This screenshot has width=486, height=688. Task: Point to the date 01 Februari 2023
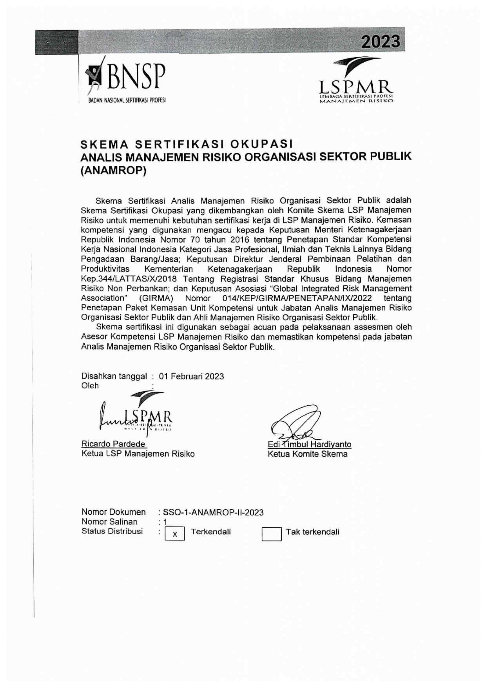click(x=192, y=376)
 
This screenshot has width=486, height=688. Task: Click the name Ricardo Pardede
click(x=114, y=444)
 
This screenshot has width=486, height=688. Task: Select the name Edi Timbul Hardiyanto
click(x=309, y=444)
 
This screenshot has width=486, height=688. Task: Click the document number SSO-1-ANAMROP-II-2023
click(x=213, y=512)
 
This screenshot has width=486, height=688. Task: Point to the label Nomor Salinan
click(x=110, y=522)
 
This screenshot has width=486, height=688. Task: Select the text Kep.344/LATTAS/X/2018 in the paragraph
click(x=129, y=279)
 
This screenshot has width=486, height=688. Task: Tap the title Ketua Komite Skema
click(x=308, y=454)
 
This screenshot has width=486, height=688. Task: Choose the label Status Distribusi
click(x=112, y=531)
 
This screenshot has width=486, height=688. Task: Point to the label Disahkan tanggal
click(x=114, y=376)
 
